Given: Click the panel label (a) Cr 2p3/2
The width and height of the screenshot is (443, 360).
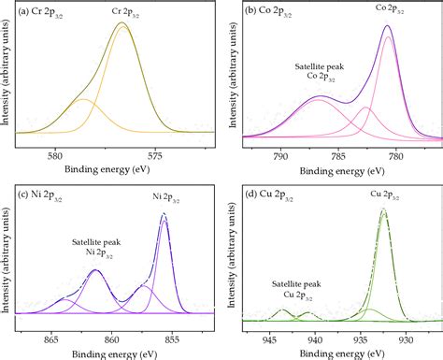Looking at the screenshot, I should [44, 11].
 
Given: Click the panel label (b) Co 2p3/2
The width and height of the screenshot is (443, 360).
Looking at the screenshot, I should [272, 11].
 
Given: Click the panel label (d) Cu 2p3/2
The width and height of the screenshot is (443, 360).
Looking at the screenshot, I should [272, 194].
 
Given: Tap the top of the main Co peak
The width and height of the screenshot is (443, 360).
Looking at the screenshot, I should [388, 27].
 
